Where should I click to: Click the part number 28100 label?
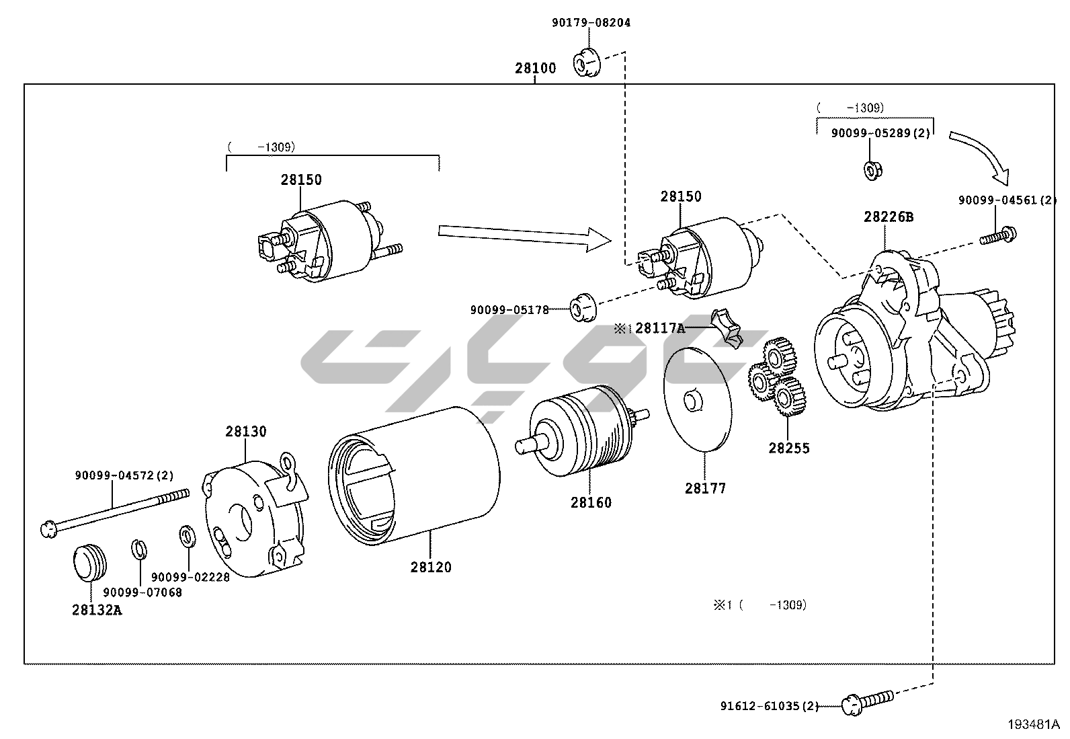click(535, 69)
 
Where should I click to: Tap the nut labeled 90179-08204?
click(587, 63)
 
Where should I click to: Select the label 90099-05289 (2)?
click(880, 133)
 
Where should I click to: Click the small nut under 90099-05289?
click(872, 171)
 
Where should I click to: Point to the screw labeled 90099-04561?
click(998, 235)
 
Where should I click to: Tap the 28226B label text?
click(888, 217)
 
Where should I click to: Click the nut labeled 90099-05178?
click(583, 307)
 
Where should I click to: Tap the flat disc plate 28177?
click(698, 399)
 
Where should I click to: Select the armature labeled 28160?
click(582, 430)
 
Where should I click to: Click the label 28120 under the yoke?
click(430, 567)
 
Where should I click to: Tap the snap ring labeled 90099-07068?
click(139, 549)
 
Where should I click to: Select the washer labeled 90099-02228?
click(188, 537)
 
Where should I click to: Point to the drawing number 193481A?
click(1033, 724)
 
